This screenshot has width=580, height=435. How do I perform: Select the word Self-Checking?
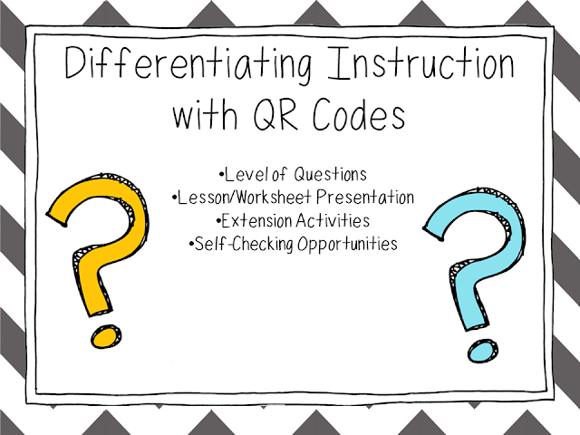tap(237, 244)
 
